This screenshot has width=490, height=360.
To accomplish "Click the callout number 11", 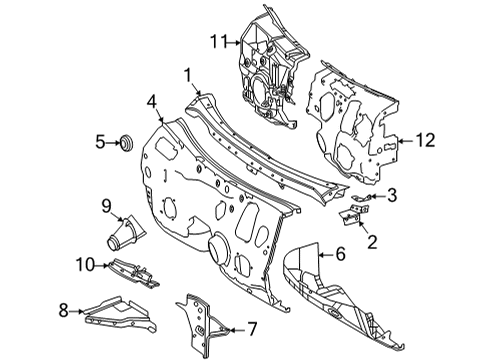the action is point(218,42).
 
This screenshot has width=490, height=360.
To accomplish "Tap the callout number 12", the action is point(425,140).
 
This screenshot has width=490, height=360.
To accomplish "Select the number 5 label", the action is point(100,142).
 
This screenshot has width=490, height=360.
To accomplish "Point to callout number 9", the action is point(106,206).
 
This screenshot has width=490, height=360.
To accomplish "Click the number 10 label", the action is point(86,265).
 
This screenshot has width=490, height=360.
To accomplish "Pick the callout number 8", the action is point(63,311).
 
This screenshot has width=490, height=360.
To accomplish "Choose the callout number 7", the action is point(252,329).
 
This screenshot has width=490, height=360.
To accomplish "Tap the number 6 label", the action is point(340,255).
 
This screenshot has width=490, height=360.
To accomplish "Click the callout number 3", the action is point(392,195).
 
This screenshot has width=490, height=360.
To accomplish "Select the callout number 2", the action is point(372,242).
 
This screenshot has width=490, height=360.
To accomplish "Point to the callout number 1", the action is point(188,75).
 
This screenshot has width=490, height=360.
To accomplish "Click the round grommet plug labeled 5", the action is point(127,143).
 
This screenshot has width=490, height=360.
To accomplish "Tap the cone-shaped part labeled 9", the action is point(127,233).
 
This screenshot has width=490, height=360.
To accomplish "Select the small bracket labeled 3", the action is point(362,198).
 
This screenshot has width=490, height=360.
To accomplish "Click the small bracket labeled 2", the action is point(354,215).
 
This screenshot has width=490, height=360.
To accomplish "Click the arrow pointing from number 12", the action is point(406,141).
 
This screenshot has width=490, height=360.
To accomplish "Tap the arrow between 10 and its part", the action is point(102,265).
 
